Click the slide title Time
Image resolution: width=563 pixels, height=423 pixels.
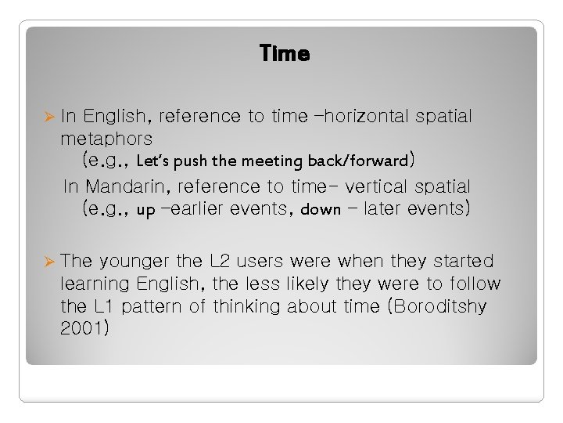click(x=284, y=54)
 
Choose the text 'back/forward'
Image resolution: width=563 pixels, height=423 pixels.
click(x=357, y=161)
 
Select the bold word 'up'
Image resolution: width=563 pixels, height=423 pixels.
click(x=145, y=210)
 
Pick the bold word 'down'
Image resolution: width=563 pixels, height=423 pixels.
click(x=321, y=210)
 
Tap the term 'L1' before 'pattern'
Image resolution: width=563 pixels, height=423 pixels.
click(x=106, y=305)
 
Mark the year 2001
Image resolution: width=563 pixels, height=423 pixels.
click(x=83, y=328)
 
